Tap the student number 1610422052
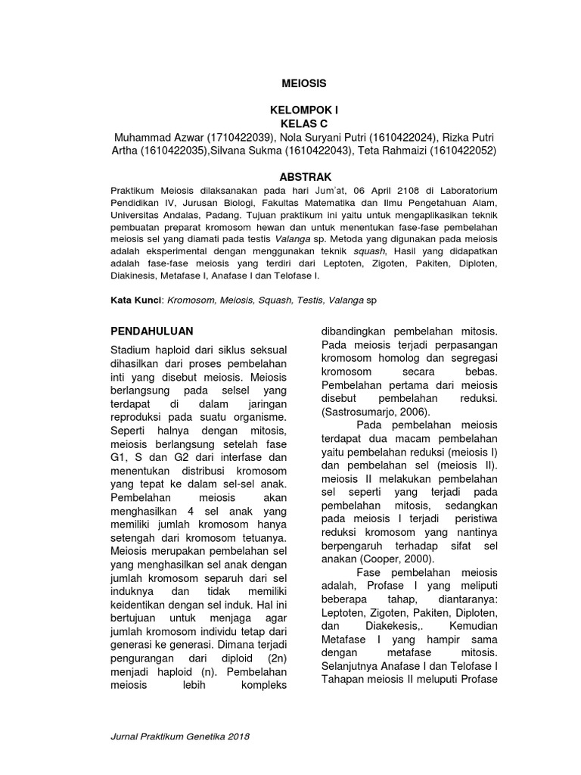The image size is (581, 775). click(461, 151)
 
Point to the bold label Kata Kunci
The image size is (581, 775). click(136, 300)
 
